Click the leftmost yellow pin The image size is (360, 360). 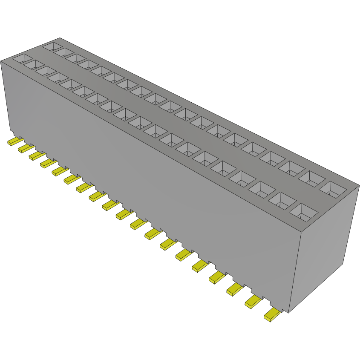point(14,141)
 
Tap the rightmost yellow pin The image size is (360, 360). point(272,315)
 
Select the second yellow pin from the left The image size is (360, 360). point(25,148)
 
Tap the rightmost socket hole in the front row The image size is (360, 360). point(303,211)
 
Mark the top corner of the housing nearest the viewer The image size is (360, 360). point(301,232)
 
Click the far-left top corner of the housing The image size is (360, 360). point(1,61)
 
